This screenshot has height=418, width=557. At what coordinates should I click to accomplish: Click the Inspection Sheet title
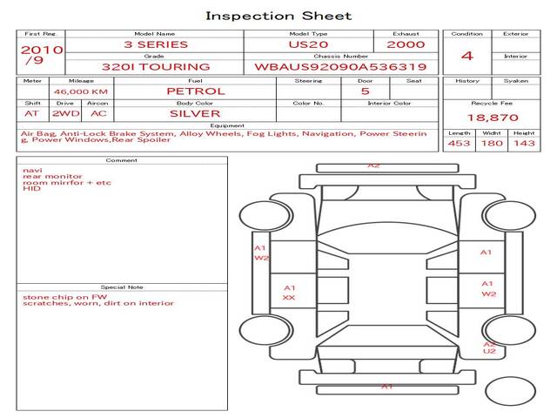(278, 16)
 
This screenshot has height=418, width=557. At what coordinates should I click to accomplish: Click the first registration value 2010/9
(41, 55)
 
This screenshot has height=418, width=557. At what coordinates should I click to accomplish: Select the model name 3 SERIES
(156, 44)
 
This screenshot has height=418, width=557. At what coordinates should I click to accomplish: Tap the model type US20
(307, 44)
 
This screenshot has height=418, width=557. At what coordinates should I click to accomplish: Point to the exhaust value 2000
(406, 44)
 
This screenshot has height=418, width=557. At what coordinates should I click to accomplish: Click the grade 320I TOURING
(156, 66)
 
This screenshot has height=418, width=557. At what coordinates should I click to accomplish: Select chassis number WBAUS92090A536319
(340, 66)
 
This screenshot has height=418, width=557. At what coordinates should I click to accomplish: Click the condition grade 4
(467, 56)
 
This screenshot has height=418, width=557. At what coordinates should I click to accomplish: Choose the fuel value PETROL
(196, 91)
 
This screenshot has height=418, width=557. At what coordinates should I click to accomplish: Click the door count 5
(365, 91)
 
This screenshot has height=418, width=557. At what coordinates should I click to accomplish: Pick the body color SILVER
(195, 113)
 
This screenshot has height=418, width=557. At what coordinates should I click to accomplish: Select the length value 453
(459, 143)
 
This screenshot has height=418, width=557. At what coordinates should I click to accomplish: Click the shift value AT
(32, 113)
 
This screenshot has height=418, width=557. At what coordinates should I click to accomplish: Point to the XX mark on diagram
(289, 298)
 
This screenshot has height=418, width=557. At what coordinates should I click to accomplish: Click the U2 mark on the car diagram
(489, 351)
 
